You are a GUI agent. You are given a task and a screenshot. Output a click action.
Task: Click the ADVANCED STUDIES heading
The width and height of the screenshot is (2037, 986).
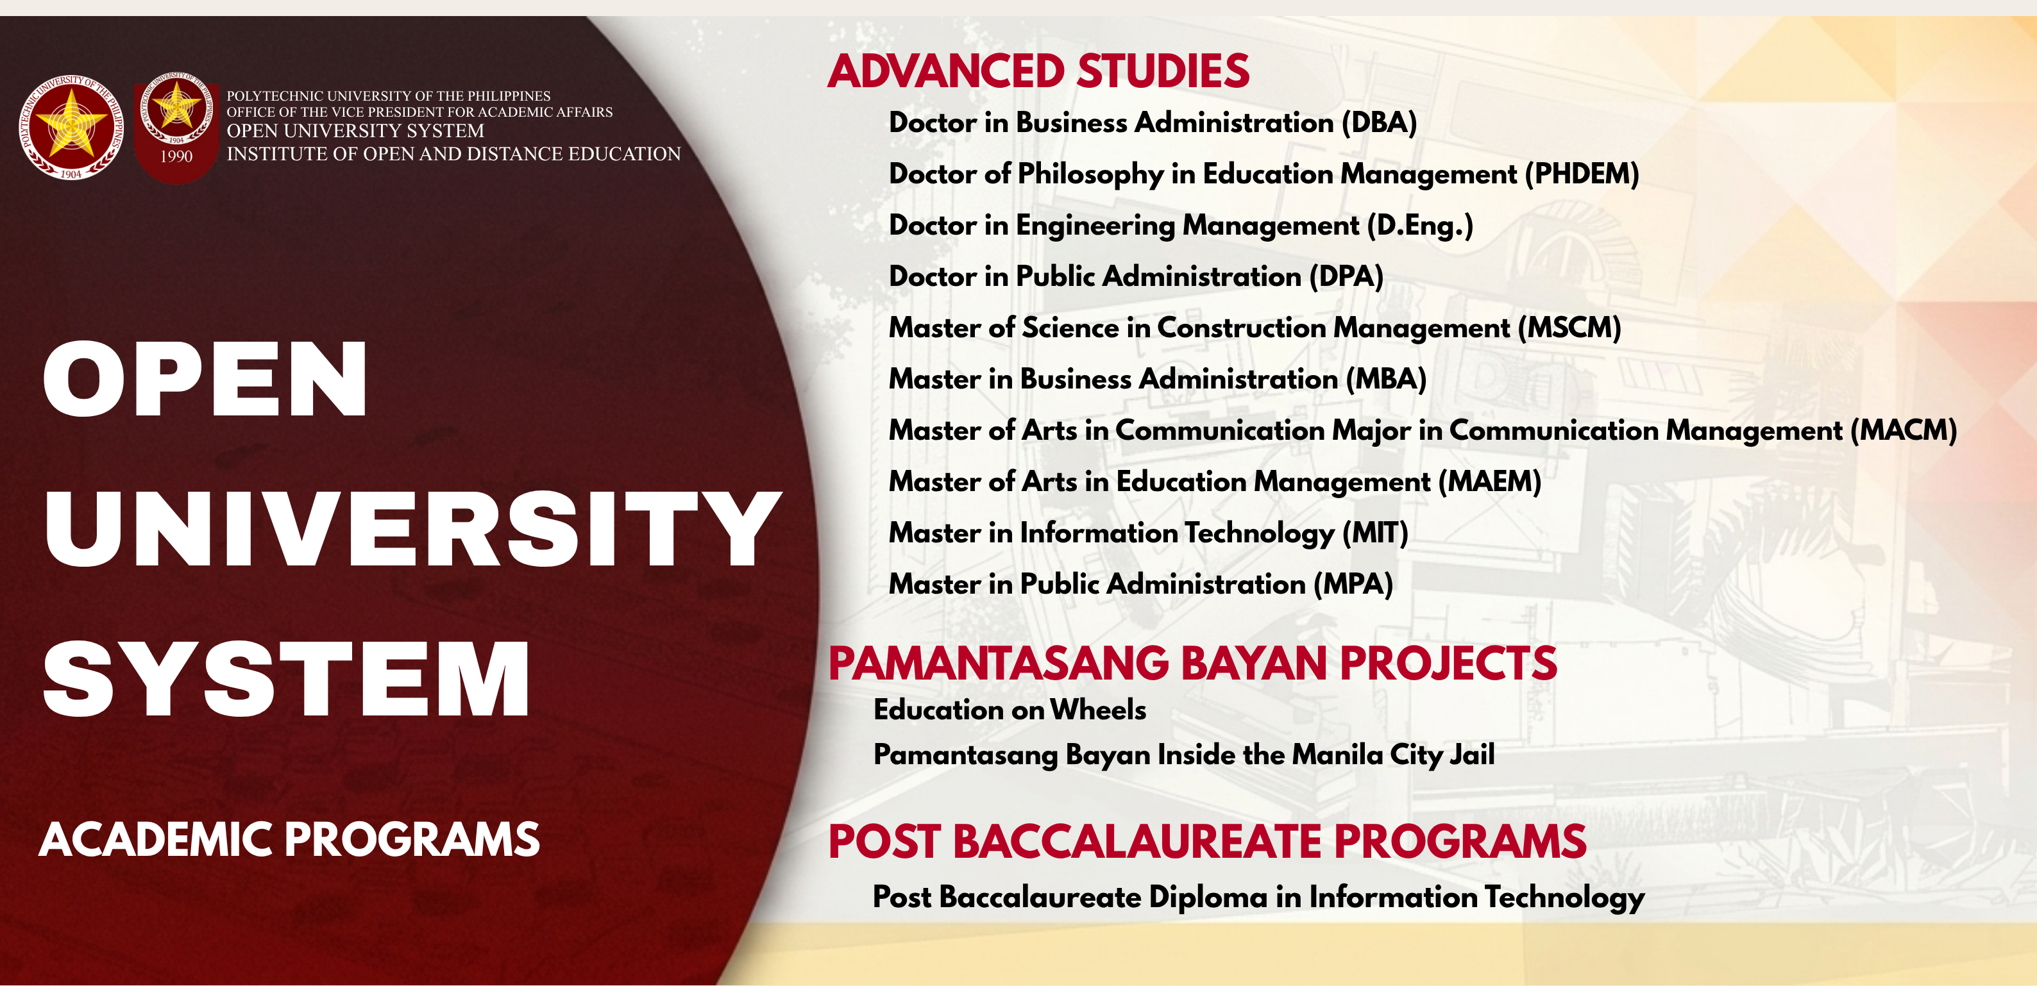pos(1038,71)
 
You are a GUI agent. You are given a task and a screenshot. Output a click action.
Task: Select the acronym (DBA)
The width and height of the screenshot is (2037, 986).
pos(1379,122)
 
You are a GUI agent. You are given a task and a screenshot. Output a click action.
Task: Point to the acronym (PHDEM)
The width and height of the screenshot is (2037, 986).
pos(1582,174)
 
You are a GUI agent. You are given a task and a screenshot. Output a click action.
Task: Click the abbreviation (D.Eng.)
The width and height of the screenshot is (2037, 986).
pos(1420,226)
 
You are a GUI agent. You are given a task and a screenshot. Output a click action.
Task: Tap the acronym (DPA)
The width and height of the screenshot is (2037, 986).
pos(1346,277)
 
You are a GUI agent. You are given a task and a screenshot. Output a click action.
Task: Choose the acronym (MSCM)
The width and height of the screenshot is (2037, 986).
pos(1569,328)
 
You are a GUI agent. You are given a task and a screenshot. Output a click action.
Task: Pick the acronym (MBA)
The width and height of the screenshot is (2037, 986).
pos(1386,380)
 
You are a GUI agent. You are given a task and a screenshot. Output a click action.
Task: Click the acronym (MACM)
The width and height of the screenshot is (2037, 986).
pos(1904,431)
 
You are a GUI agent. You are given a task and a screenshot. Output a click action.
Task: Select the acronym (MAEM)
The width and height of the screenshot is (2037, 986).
pos(1490,481)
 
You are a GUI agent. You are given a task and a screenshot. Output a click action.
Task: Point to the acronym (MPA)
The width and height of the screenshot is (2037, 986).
pos(1353,584)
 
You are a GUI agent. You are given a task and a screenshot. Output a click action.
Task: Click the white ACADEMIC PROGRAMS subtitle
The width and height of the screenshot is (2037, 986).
pos(289,839)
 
